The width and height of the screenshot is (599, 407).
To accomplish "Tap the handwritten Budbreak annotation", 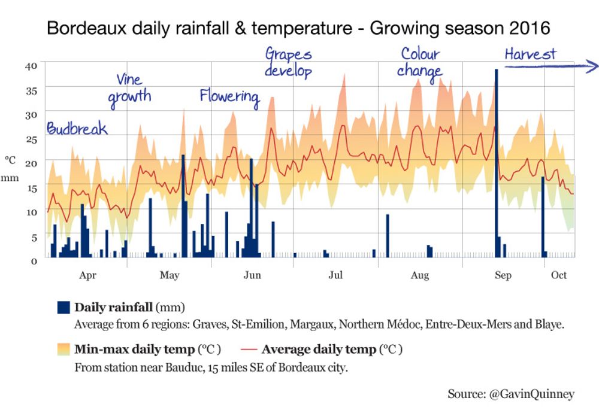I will pyautogui.click(x=77, y=129).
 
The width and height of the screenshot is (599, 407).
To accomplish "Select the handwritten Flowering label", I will pyautogui.click(x=229, y=96).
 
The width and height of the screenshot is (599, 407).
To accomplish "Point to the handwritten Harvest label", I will pyautogui.click(x=530, y=54).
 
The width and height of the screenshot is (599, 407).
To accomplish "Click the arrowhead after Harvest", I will pyautogui.click(x=593, y=66).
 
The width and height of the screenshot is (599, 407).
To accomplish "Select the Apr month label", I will pyautogui.click(x=87, y=275).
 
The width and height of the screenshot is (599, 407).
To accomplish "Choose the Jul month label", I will pyautogui.click(x=335, y=275).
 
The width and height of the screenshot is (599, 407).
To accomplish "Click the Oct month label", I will pyautogui.click(x=559, y=275).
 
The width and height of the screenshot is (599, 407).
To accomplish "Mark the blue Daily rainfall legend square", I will pyautogui.click(x=63, y=308).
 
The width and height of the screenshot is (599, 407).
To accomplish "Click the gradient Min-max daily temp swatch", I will pyautogui.click(x=63, y=350).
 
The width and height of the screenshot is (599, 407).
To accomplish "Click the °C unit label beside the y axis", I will pyautogui.click(x=11, y=160).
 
